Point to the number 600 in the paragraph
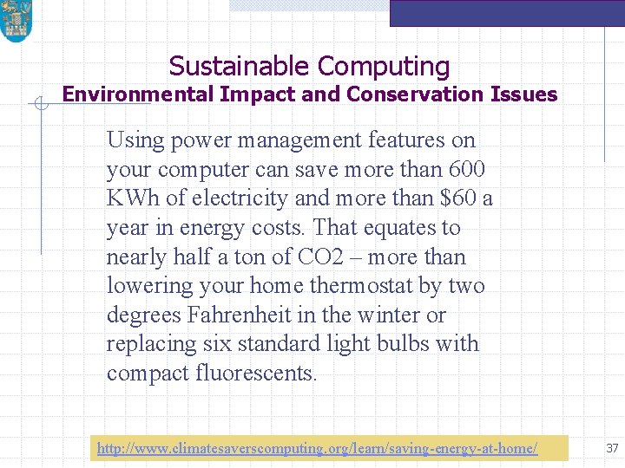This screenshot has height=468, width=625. tap(467, 169)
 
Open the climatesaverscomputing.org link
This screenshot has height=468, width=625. tap(317, 448)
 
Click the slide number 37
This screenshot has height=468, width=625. tap(612, 448)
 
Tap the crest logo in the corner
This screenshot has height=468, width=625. tap(16, 21)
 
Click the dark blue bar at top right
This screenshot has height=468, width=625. tap(507, 12)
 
